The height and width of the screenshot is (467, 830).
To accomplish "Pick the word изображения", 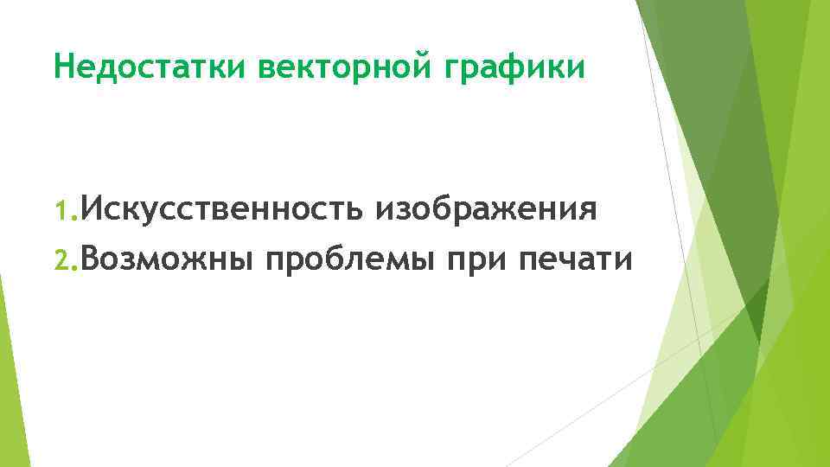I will click(485, 211).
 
